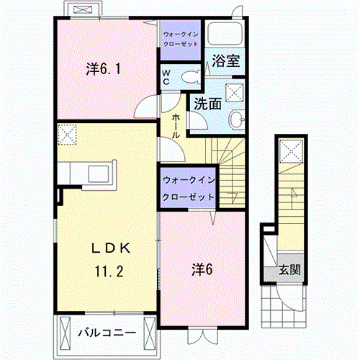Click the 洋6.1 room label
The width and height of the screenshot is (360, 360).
[103, 69]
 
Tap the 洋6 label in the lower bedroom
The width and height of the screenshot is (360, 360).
[202, 269]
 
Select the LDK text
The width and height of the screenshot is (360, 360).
[111, 248]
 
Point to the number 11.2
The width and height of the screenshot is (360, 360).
[109, 271]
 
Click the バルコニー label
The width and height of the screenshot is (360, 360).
[107, 333]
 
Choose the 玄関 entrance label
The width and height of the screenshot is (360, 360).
[289, 270]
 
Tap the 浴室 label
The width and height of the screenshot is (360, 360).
[225, 61]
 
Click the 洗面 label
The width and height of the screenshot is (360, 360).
[207, 104]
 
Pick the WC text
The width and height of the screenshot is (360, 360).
[166, 77]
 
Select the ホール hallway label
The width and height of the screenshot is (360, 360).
[176, 126]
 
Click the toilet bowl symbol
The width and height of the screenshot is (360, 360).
[191, 77]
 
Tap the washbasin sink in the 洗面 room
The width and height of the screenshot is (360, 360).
[237, 119]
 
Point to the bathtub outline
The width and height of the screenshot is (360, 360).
[225, 33]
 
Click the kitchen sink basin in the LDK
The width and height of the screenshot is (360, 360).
[99, 174]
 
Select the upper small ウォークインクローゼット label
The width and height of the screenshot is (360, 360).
[181, 39]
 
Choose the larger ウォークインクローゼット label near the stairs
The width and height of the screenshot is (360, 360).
[189, 189]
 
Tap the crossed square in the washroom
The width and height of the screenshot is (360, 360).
[235, 92]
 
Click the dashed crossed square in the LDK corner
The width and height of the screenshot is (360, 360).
[67, 135]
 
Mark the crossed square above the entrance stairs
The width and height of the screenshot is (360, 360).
[291, 151]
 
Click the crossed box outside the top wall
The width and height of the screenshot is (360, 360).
[83, 9]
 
